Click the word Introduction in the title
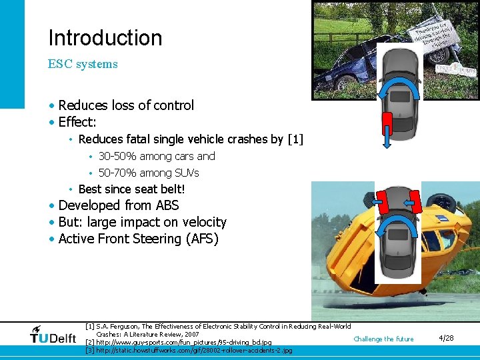click(105, 38)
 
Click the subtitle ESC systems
click(83, 65)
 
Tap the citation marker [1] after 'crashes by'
click(295, 139)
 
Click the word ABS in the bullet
click(167, 206)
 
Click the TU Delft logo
click(53, 336)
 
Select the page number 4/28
click(446, 338)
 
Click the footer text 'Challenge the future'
click(383, 339)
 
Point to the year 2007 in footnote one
click(191, 334)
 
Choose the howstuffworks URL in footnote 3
click(194, 350)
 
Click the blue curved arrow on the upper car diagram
click(400, 89)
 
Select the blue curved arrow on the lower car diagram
click(393, 227)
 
